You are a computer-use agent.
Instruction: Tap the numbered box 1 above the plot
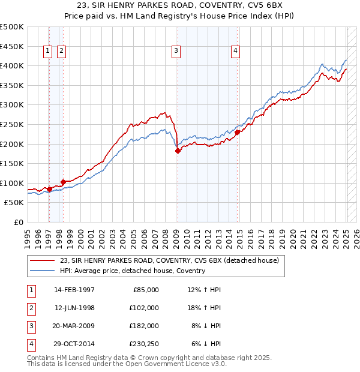click(47, 52)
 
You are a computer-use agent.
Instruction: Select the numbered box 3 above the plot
click(176, 52)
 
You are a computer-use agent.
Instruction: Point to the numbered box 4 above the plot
click(236, 52)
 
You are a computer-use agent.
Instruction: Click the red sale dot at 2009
click(178, 151)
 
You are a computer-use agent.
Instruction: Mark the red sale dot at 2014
click(238, 132)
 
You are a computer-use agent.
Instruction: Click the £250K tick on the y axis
click(12, 124)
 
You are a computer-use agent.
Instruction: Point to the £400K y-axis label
click(12, 65)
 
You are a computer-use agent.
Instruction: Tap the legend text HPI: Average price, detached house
click(133, 271)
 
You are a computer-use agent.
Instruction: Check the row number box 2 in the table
click(31, 308)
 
